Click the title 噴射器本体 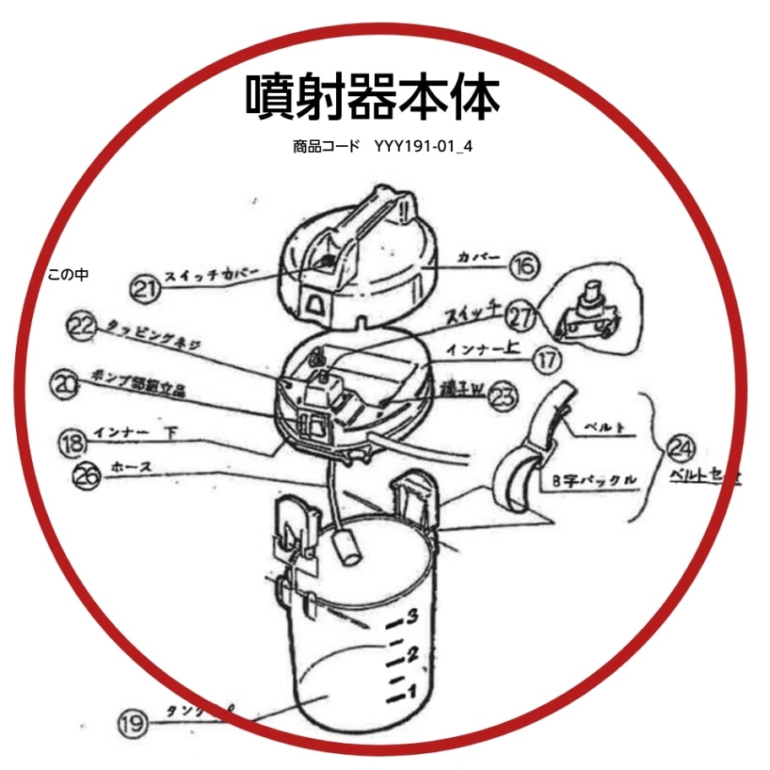372,96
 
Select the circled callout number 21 144,289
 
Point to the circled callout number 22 83,329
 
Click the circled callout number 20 63,384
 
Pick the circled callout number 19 133,723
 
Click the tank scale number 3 413,616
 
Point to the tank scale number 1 413,692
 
